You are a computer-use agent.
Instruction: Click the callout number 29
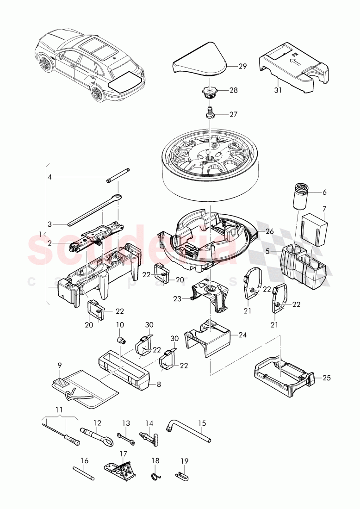click(242, 66)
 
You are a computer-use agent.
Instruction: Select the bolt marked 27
click(211, 113)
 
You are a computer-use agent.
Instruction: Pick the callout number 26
click(270, 231)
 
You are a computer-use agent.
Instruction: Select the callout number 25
click(326, 378)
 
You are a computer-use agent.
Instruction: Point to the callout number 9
click(60, 365)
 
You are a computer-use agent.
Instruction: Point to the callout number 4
click(50, 177)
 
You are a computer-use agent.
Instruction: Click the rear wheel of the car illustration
click(97, 94)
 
